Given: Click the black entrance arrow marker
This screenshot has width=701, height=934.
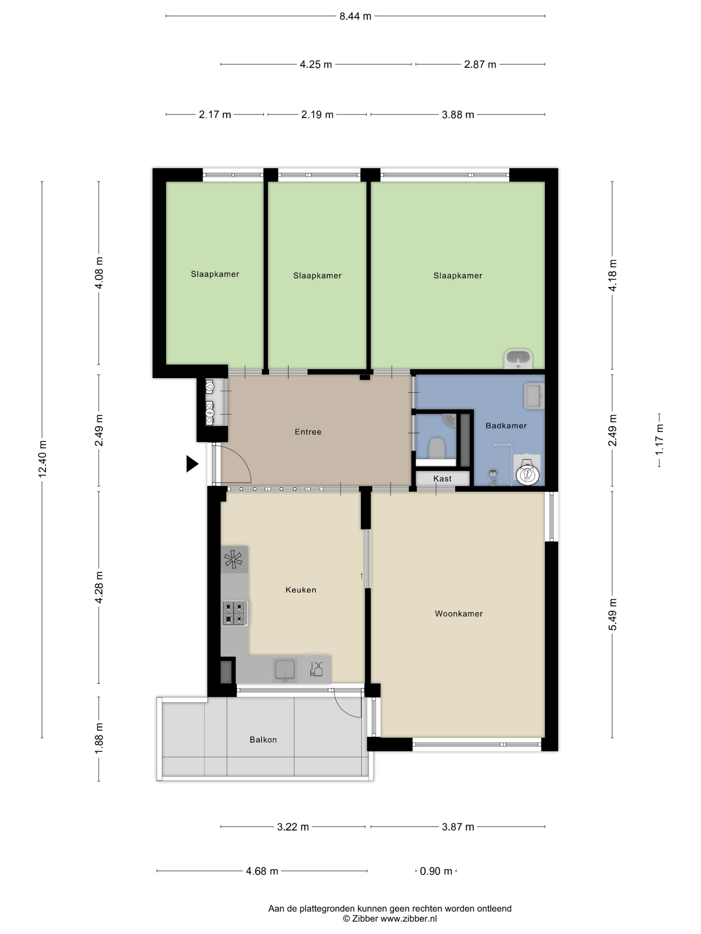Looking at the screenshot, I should click(192, 464).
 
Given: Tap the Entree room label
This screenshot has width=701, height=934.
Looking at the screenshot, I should click(308, 432).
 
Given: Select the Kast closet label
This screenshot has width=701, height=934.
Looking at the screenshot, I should click(442, 478).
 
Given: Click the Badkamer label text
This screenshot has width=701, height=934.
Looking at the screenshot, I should click(506, 426).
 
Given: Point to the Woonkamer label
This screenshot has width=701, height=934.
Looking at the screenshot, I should click(458, 613).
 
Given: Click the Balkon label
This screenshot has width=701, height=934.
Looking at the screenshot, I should click(263, 739).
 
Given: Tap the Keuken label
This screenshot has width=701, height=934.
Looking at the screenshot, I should click(300, 590).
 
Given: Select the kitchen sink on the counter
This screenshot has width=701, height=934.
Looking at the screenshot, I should click(285, 669).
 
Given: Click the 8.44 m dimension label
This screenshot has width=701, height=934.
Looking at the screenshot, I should click(355, 16).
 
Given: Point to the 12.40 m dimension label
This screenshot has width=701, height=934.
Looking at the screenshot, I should click(42, 458).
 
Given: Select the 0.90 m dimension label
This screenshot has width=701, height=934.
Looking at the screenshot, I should click(436, 871).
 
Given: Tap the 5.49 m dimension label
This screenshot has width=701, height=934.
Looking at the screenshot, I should click(612, 614).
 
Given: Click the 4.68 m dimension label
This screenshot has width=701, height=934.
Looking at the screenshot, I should click(262, 871).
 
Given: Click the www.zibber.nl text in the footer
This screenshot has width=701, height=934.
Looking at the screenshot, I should click(409, 918).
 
